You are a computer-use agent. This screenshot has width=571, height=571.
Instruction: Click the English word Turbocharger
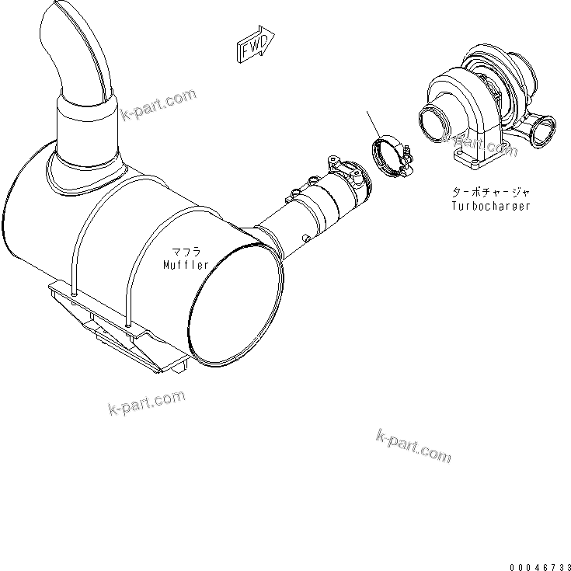[491, 206]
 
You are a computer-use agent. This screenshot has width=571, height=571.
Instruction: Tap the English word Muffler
[186, 265]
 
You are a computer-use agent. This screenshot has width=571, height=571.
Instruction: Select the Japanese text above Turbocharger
[491, 191]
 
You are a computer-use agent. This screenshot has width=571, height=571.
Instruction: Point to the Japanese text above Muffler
[186, 252]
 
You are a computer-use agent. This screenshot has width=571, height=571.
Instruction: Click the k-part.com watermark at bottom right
[413, 445]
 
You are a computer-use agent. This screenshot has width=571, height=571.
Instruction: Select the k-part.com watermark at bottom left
[148, 402]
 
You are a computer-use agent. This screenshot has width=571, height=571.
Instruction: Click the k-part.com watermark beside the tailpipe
[159, 106]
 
